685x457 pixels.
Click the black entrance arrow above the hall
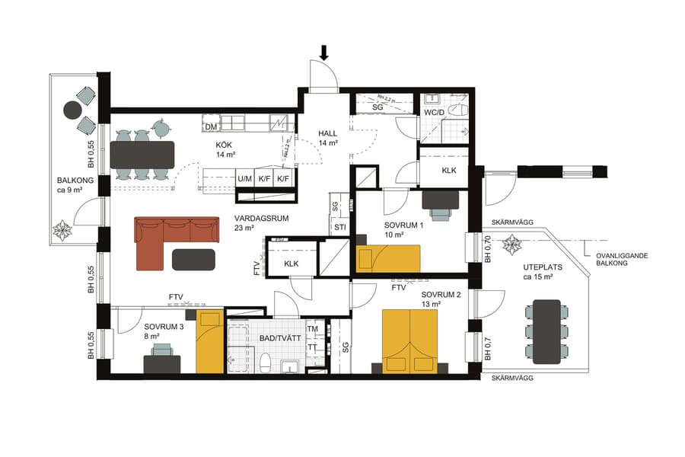(324, 53)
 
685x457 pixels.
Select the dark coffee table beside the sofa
(193, 260)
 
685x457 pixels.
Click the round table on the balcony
(72, 110)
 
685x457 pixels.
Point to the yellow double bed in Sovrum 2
(410, 340)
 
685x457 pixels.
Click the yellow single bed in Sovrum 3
(210, 342)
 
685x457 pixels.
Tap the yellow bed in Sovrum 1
(389, 258)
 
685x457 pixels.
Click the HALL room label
(327, 133)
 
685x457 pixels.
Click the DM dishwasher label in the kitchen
(212, 126)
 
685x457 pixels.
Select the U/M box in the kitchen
(244, 179)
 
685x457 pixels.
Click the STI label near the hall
(339, 227)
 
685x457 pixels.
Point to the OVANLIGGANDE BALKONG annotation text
(622, 261)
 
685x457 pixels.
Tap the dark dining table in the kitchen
(142, 155)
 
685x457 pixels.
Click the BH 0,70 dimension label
(487, 249)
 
